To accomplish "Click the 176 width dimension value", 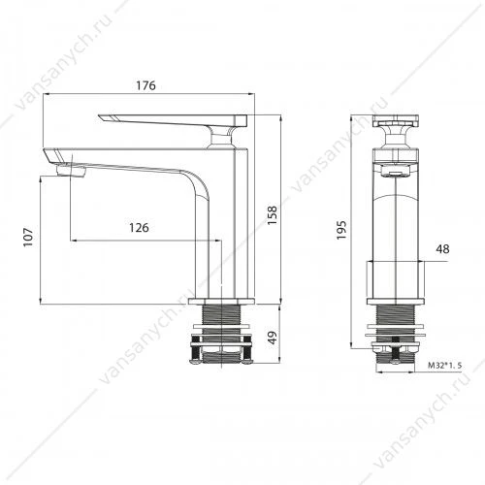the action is (x=145, y=85).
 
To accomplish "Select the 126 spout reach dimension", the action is (x=139, y=228).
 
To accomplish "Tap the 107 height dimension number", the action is (x=28, y=237).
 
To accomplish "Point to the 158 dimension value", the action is (x=273, y=215).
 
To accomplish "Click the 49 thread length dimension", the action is (x=274, y=338).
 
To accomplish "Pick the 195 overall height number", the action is (x=341, y=230).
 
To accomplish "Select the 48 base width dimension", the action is (x=442, y=249).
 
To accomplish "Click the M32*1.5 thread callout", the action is (x=445, y=366).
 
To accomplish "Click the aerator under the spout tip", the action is (x=71, y=171).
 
